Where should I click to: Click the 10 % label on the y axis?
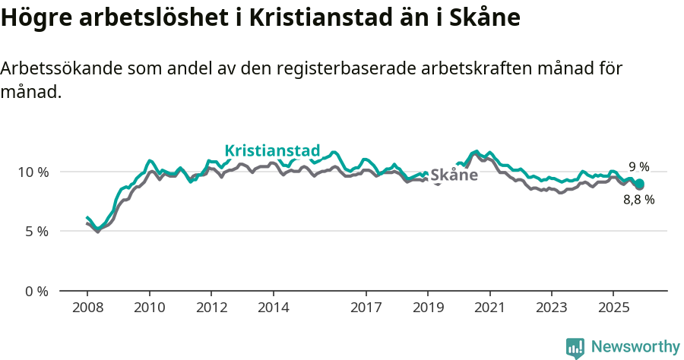click(33, 172)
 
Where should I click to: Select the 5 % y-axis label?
click(36, 231)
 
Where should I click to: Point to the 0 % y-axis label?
click(36, 291)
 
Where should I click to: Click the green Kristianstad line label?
click(272, 150)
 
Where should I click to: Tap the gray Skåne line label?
click(454, 175)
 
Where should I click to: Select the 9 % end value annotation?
click(638, 167)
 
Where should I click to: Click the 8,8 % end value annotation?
click(638, 200)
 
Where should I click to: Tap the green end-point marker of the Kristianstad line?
click(640, 183)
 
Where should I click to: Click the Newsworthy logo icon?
click(575, 347)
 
